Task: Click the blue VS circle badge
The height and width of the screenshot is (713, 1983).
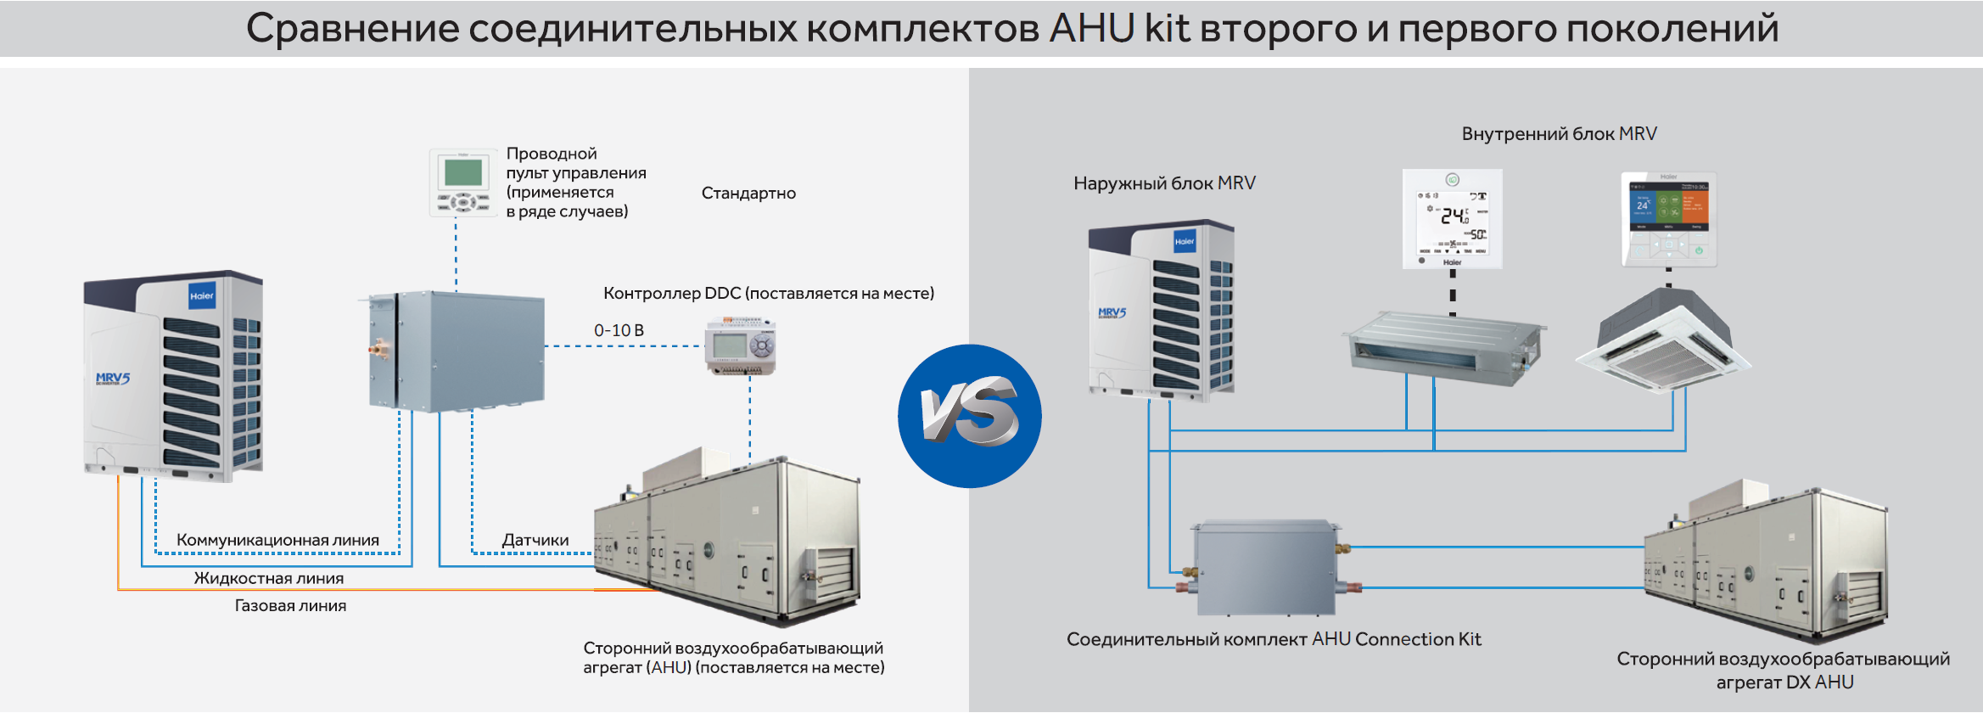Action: click(x=970, y=416)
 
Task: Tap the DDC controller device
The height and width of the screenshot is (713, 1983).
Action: click(x=740, y=345)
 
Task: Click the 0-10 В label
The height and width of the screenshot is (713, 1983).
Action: click(x=619, y=330)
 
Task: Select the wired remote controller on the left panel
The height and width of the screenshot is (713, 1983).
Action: click(x=462, y=182)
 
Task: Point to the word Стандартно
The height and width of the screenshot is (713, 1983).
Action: click(x=748, y=193)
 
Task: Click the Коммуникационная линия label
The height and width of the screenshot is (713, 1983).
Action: click(x=277, y=540)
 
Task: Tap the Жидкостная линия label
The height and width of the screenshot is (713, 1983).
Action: click(x=268, y=578)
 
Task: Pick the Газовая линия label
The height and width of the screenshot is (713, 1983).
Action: click(x=290, y=605)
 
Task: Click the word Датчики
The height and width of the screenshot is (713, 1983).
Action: click(x=535, y=540)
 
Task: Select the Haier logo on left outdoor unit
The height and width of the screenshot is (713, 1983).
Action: click(x=202, y=296)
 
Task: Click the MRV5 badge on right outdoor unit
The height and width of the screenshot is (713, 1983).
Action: click(x=1112, y=312)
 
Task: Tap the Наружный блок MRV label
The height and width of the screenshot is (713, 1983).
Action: click(x=1164, y=182)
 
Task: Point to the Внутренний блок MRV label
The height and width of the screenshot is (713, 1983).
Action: click(x=1559, y=133)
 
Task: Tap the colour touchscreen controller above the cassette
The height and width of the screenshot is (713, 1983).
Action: click(x=1668, y=219)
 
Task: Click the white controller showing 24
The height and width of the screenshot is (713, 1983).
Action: click(x=1452, y=218)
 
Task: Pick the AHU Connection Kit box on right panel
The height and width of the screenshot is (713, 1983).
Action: click(x=1264, y=567)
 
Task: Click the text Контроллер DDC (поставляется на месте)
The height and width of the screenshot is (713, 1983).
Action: click(x=768, y=293)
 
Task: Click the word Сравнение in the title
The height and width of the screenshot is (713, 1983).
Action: click(x=352, y=28)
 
